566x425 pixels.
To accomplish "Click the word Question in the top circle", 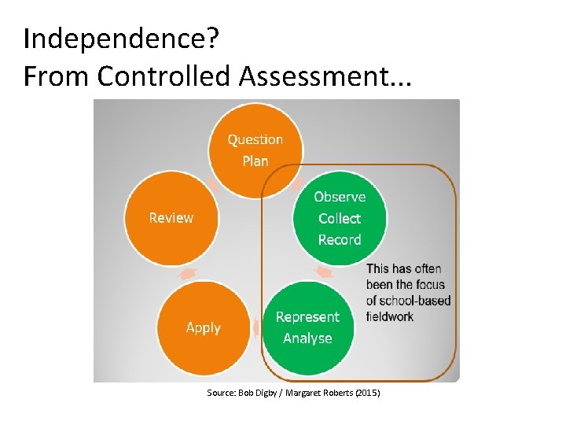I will click(x=255, y=139).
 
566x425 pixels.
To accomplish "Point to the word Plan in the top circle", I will click(x=255, y=161).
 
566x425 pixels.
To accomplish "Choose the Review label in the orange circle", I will click(x=171, y=217).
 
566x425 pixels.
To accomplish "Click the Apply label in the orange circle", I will click(x=203, y=327).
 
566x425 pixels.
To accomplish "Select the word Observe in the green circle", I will click(x=340, y=197).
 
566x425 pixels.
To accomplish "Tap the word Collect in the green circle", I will click(x=340, y=218).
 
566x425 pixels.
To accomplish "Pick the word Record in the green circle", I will click(x=340, y=239).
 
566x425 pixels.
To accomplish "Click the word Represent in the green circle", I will click(x=307, y=316).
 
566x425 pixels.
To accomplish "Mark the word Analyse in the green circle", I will click(x=307, y=338).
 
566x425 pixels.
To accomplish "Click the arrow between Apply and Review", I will click(x=189, y=273).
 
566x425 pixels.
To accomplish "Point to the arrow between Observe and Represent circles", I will click(x=324, y=272).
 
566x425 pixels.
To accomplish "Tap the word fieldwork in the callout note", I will click(x=390, y=316).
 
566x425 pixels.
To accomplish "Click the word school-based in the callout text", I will click(x=416, y=301).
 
